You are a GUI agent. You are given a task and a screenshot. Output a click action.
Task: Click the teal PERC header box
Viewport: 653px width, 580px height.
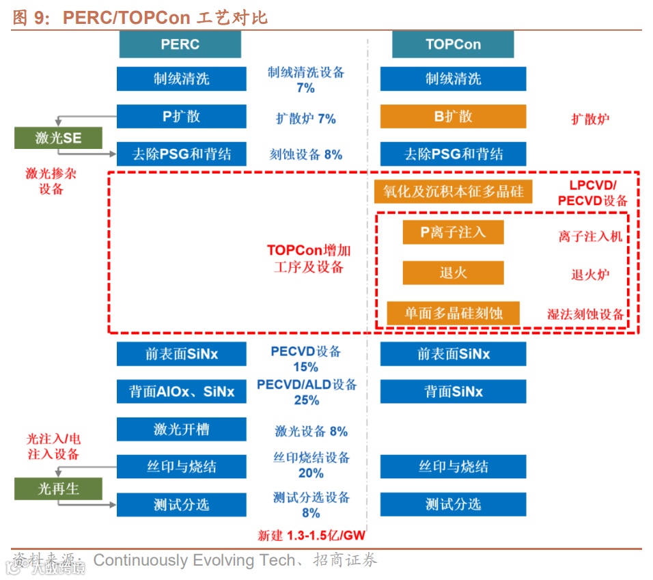(180, 44)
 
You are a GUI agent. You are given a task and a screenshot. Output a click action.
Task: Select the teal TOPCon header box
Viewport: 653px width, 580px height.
(453, 44)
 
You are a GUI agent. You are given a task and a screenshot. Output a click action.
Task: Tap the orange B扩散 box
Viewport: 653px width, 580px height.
(453, 116)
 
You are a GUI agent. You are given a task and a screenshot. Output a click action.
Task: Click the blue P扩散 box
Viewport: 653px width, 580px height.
(181, 116)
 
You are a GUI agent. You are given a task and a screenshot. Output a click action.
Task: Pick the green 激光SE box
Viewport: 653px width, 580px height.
(58, 138)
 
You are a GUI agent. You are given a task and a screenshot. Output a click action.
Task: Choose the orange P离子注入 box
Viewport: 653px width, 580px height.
(453, 232)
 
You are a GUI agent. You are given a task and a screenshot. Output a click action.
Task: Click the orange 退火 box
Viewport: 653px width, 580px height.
(453, 273)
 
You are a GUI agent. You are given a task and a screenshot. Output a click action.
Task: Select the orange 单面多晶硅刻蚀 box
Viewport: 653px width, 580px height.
(453, 313)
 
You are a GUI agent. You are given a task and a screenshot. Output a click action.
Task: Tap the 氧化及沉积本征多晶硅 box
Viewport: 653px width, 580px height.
(453, 191)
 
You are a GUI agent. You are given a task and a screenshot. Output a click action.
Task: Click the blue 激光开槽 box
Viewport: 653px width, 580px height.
(181, 429)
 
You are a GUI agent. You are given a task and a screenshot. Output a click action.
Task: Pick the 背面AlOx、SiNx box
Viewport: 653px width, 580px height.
(181, 391)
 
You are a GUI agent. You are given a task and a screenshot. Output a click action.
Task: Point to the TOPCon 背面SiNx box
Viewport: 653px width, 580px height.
(453, 391)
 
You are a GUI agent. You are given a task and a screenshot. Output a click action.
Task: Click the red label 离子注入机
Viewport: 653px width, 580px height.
(590, 236)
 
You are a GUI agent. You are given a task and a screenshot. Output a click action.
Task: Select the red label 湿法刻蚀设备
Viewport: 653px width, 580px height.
(585, 314)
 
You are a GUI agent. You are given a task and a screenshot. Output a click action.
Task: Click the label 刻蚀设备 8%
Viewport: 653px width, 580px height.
(305, 154)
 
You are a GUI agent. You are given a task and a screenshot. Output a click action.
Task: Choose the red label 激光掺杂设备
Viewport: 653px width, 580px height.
(51, 181)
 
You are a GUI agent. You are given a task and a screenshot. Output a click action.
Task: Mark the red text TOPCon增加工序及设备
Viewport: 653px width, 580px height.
(309, 258)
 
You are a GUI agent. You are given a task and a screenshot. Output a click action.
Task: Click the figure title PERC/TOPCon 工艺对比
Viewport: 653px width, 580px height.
(165, 18)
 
